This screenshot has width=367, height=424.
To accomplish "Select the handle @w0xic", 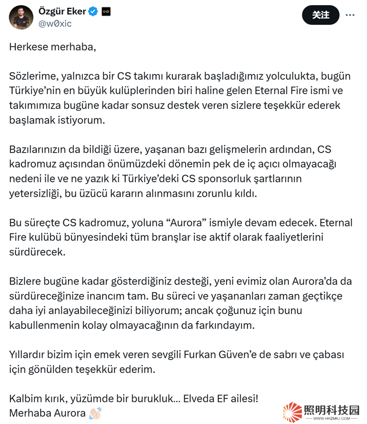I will (55, 24).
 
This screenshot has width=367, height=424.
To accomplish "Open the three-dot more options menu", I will (350, 15).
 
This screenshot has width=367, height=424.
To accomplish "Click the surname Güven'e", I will (231, 354).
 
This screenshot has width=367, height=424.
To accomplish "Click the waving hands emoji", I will (95, 413).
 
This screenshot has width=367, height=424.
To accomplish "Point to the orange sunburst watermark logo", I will (292, 412).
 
